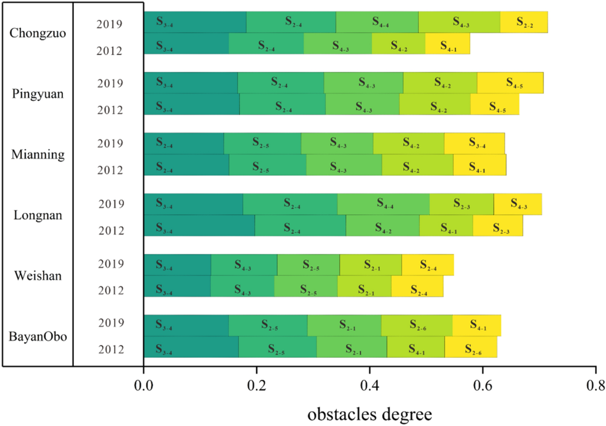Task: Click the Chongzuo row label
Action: (37, 33)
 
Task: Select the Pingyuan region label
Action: (37, 94)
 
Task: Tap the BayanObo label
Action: (37, 337)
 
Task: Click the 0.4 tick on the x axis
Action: (369, 385)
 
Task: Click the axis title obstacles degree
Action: (369, 414)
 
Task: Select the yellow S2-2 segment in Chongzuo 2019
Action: (524, 22)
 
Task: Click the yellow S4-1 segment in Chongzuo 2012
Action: (447, 44)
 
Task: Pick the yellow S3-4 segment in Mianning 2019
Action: (474, 143)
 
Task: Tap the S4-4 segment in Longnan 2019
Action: (383, 204)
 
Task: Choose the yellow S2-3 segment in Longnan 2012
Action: (498, 226)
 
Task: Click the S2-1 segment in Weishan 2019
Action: (371, 265)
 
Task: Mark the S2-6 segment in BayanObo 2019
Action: (417, 326)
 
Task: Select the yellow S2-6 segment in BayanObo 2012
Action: (471, 347)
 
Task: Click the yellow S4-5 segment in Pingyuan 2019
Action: (510, 83)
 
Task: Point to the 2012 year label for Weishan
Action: (111, 291)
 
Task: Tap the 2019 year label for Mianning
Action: (110, 143)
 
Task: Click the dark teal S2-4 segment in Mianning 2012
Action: (186, 165)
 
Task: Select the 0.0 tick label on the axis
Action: (143, 385)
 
